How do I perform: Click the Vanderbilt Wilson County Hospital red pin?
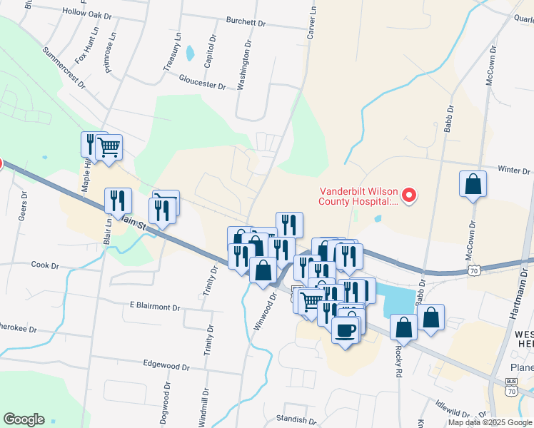click(409, 194)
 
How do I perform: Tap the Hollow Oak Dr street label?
click(87, 14)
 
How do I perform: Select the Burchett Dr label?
click(245, 22)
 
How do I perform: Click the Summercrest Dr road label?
click(63, 68)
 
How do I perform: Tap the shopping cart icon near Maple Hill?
click(109, 148)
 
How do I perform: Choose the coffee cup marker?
click(346, 330)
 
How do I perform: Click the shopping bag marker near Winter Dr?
click(473, 185)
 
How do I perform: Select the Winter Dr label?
click(514, 170)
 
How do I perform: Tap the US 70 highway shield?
click(474, 270)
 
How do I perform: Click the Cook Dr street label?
click(45, 265)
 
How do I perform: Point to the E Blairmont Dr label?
click(155, 306)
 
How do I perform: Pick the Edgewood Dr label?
click(166, 367)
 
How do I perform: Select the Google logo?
click(24, 419)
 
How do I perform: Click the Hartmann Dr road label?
click(513, 299)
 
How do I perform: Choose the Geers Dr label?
click(24, 207)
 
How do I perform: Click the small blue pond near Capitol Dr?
click(189, 53)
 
